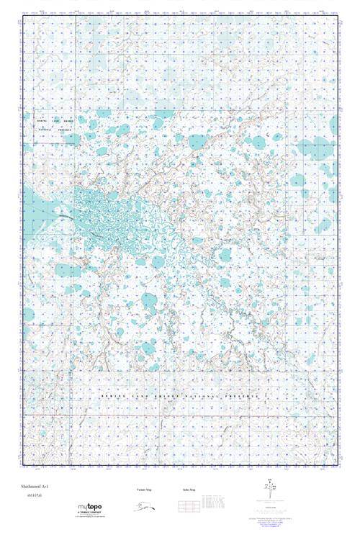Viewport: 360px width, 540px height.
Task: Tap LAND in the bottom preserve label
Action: point(135,397)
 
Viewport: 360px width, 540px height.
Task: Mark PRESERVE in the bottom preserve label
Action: point(243,397)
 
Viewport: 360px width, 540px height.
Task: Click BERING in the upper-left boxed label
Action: point(45,120)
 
